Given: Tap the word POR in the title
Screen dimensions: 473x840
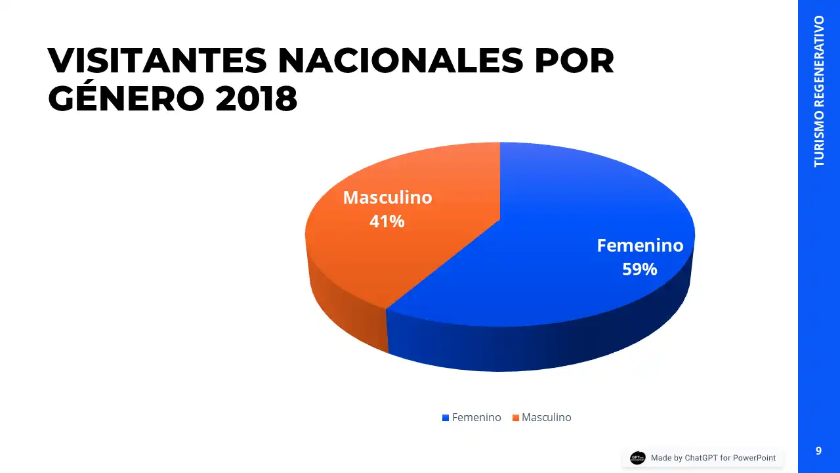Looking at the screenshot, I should click(575, 61).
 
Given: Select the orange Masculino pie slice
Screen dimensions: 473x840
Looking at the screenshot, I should click(407, 256).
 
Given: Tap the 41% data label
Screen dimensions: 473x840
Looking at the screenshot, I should click(387, 221).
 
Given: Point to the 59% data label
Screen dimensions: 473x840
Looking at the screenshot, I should click(640, 269).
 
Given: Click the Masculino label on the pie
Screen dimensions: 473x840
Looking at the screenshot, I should click(387, 198).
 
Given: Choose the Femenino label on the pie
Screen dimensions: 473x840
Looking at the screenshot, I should click(640, 246).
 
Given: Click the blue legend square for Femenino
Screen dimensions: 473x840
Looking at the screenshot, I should click(446, 418).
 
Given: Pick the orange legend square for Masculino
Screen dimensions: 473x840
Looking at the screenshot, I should click(515, 418).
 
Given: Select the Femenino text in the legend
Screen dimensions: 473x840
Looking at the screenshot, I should click(476, 418).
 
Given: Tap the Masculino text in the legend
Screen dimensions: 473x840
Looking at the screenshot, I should click(546, 418).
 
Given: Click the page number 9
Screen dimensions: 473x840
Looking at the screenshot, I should click(818, 451).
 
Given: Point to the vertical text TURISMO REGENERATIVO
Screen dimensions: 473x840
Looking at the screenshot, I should click(819, 91).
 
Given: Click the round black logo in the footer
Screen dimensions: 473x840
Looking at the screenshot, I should click(637, 458).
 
